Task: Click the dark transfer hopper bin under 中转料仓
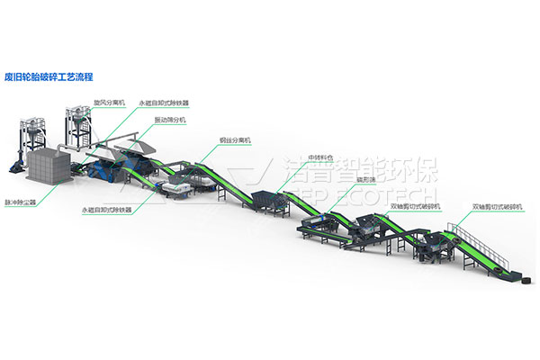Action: (x=267, y=200)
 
